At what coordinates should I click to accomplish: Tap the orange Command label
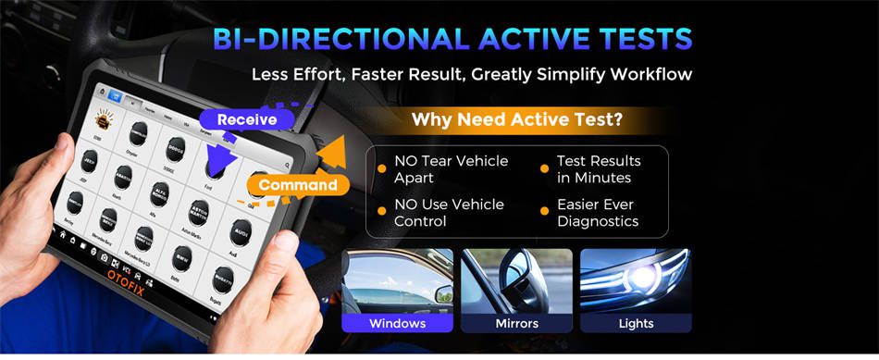click(x=297, y=185)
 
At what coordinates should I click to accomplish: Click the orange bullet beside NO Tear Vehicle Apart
click(x=380, y=168)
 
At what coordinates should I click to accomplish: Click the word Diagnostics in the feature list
click(x=597, y=221)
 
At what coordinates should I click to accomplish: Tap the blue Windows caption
click(x=397, y=323)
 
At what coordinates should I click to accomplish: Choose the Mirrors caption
click(x=516, y=323)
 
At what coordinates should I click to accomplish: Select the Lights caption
click(x=636, y=323)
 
